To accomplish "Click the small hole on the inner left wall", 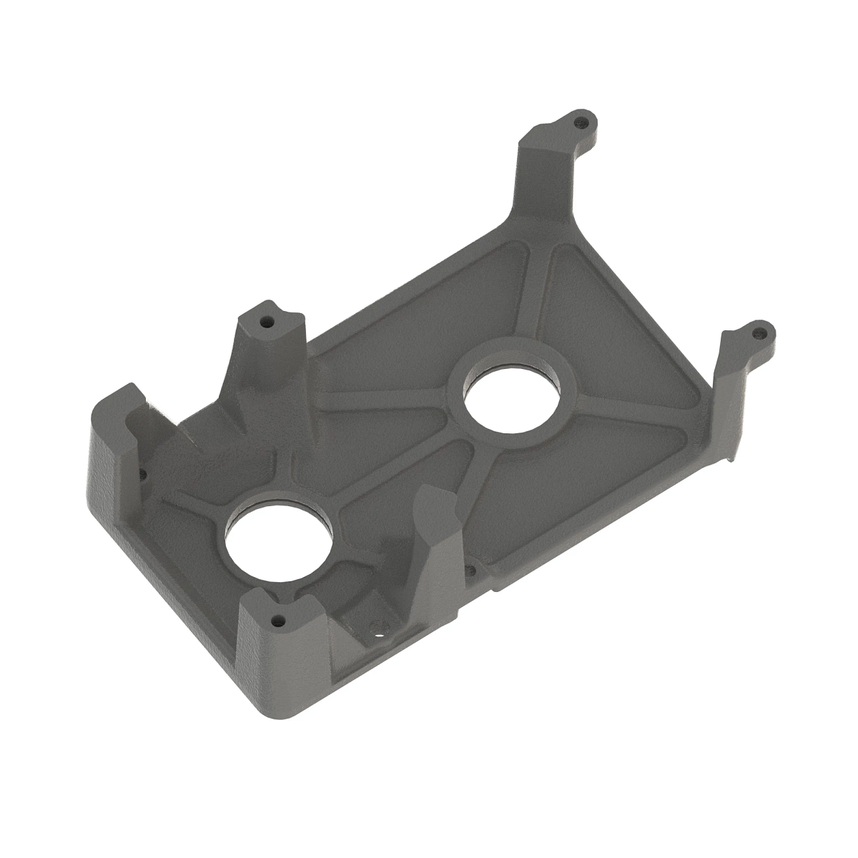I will click(x=142, y=473).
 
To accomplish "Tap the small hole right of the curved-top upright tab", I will click(x=469, y=571).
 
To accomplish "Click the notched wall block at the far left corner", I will click(x=114, y=443).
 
